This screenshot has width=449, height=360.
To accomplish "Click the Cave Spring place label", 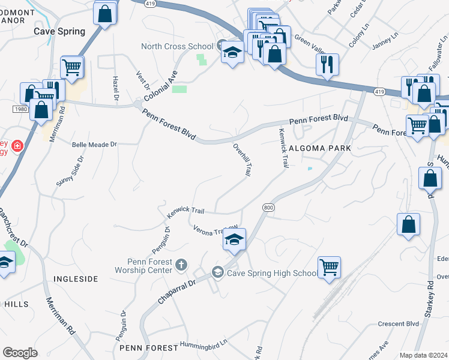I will pos(59,31).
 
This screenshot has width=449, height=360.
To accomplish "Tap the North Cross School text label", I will pos(177,46).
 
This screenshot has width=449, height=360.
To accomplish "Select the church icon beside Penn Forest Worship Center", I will pos(181,265).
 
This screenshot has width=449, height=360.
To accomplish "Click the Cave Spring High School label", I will pos(271,274).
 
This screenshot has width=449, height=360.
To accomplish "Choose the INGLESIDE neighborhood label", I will pos(76,279).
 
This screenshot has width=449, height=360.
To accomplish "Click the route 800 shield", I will pos(268,207).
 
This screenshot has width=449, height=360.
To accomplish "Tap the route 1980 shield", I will pos(19,109).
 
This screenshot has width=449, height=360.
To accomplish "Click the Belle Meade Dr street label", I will pos(94,144).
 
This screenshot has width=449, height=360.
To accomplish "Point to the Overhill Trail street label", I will pos(242,159).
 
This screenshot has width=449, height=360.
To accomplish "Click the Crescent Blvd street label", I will pos(398,324).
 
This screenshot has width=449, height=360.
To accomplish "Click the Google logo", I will pos(20,352).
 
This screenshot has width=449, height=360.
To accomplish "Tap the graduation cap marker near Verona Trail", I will pos(234,241).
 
